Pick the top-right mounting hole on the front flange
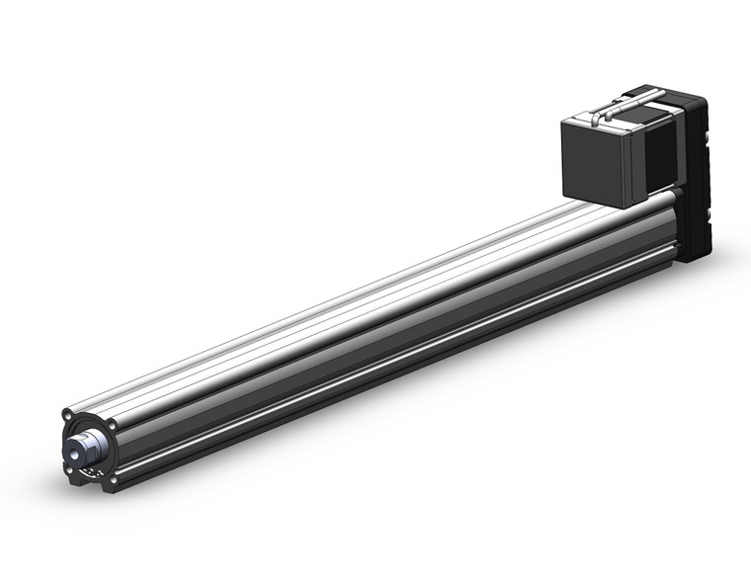click(113, 426)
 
